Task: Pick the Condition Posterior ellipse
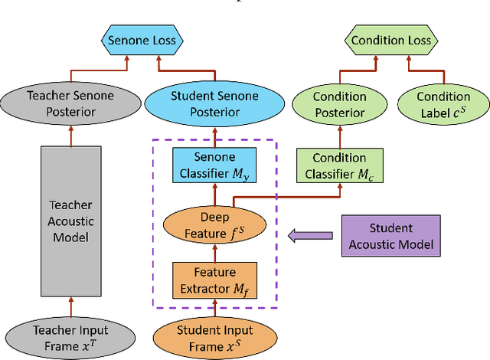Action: (x=339, y=105)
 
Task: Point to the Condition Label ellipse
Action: (x=443, y=105)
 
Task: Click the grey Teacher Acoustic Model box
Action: (x=70, y=221)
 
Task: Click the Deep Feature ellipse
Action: (x=214, y=225)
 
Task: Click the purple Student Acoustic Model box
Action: (x=390, y=236)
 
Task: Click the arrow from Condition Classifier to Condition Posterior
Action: (x=339, y=136)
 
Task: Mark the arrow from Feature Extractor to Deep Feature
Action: (x=214, y=253)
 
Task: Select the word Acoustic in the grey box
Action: (x=71, y=221)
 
